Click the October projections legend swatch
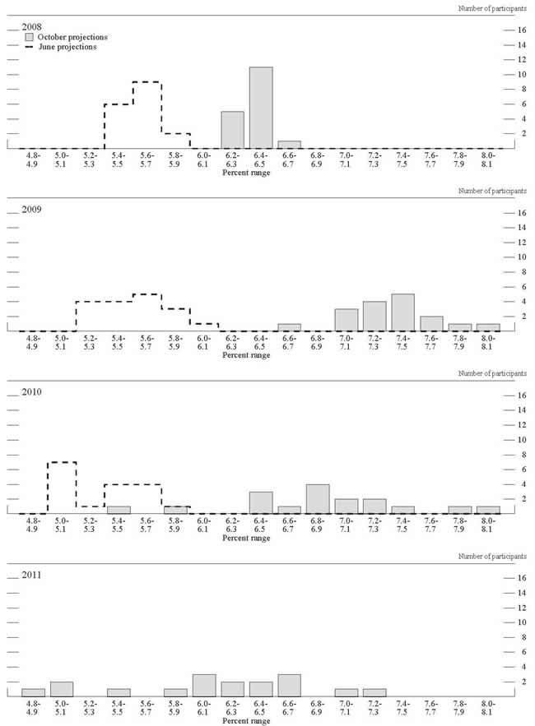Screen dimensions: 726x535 tap(30, 37)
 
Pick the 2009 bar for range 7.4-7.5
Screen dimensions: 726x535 tap(402, 312)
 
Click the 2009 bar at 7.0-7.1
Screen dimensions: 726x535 tap(346, 320)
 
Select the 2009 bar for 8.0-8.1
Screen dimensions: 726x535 tap(487, 327)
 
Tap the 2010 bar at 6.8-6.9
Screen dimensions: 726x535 tap(318, 499)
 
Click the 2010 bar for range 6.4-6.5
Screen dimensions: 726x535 tap(261, 502)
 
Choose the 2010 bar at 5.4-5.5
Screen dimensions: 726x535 tap(119, 510)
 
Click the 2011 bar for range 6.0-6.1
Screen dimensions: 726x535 tap(204, 685)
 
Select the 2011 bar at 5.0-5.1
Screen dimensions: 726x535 tap(62, 689)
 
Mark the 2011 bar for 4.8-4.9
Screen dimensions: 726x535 tap(33, 692)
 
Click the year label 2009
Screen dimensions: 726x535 tap(31, 209)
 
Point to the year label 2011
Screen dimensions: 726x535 tap(31, 574)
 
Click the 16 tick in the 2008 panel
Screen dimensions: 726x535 tap(499, 30)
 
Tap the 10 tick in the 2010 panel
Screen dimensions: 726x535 tap(499, 439)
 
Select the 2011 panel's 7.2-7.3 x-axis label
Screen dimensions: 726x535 tap(374, 708)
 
